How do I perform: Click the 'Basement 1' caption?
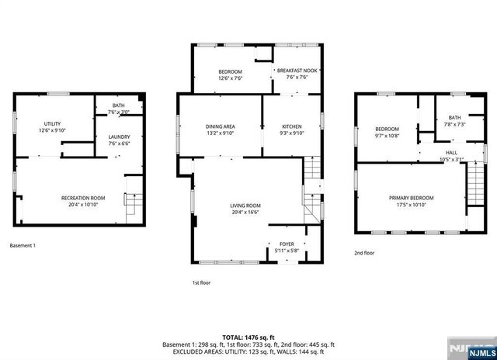[23, 246]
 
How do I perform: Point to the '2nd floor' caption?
[364, 253]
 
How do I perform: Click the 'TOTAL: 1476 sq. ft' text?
[248, 337]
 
